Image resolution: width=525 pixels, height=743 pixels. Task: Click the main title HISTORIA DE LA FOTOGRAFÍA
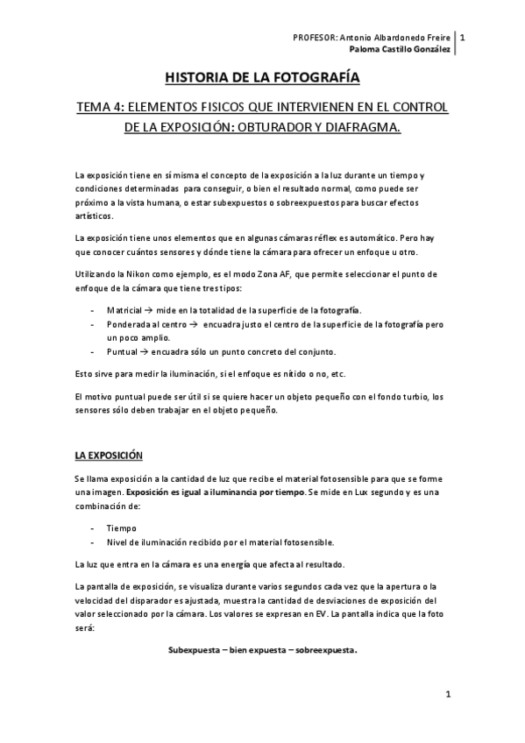click(x=262, y=78)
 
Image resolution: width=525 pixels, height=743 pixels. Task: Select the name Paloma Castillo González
click(x=399, y=50)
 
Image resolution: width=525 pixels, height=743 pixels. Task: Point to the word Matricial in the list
click(x=123, y=310)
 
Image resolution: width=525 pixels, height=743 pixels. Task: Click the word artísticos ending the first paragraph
click(x=94, y=214)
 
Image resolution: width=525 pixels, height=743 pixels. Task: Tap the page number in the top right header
click(x=463, y=38)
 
